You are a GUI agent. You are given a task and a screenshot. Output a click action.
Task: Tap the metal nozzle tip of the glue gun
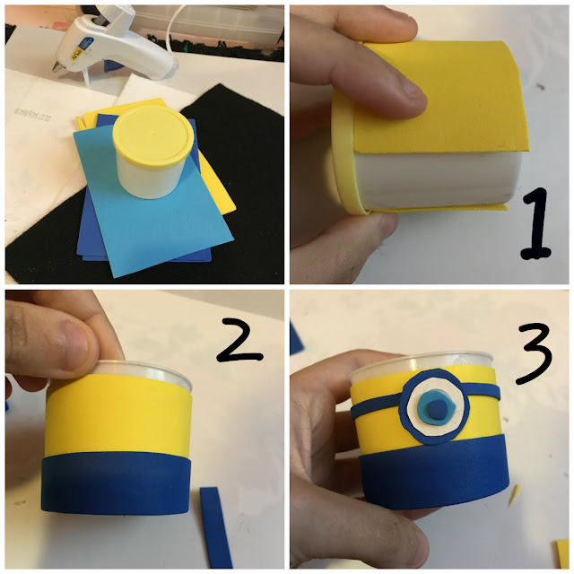pos(56,68)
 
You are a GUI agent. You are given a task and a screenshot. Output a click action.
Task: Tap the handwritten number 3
pos(535,353)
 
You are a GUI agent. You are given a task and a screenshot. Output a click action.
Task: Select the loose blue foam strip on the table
pos(216,527)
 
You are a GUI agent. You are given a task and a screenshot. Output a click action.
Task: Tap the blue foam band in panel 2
pos(117,483)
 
